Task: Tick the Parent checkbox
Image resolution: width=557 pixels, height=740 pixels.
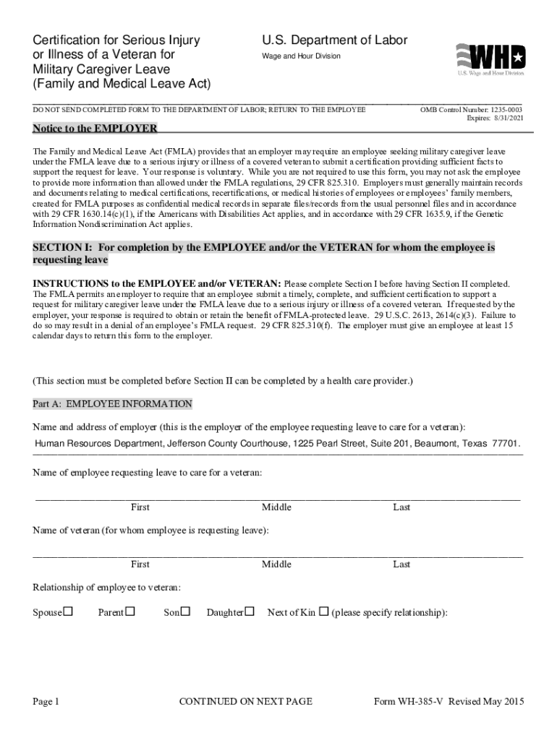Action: [130, 612]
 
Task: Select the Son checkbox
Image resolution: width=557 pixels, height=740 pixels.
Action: [185, 612]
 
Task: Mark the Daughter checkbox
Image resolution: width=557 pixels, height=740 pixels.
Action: [250, 612]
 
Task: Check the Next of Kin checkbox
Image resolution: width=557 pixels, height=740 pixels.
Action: [323, 612]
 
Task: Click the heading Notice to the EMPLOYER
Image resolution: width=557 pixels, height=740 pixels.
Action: [95, 129]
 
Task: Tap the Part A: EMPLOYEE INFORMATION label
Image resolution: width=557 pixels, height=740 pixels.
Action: [113, 404]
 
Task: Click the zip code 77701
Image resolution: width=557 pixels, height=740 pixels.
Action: [505, 443]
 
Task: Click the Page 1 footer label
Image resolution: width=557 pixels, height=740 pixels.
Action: [46, 702]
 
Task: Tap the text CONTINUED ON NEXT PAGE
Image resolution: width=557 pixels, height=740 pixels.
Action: [245, 702]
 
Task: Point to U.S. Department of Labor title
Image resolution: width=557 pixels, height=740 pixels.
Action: [334, 40]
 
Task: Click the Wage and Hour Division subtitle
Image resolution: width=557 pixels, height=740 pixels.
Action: [301, 56]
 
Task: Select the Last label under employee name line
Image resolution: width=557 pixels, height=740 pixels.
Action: [401, 507]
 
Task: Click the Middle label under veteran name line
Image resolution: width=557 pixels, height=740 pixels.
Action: [276, 564]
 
